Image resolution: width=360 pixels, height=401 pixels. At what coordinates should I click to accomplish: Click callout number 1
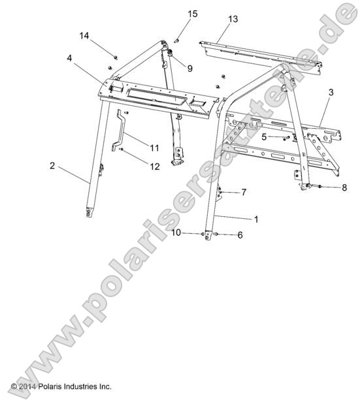click(x=256, y=219)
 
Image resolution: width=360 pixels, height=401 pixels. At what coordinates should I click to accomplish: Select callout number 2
click(x=52, y=166)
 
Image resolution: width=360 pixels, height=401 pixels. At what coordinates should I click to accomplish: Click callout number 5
click(x=264, y=137)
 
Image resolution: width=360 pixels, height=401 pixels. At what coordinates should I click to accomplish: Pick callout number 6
click(x=239, y=234)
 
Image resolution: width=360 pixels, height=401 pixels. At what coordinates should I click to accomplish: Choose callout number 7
click(x=244, y=192)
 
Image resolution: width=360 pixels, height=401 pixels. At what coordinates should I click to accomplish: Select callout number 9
click(x=189, y=68)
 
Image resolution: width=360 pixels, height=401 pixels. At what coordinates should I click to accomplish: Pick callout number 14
click(x=84, y=35)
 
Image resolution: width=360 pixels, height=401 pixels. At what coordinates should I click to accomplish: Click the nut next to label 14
click(x=114, y=58)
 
